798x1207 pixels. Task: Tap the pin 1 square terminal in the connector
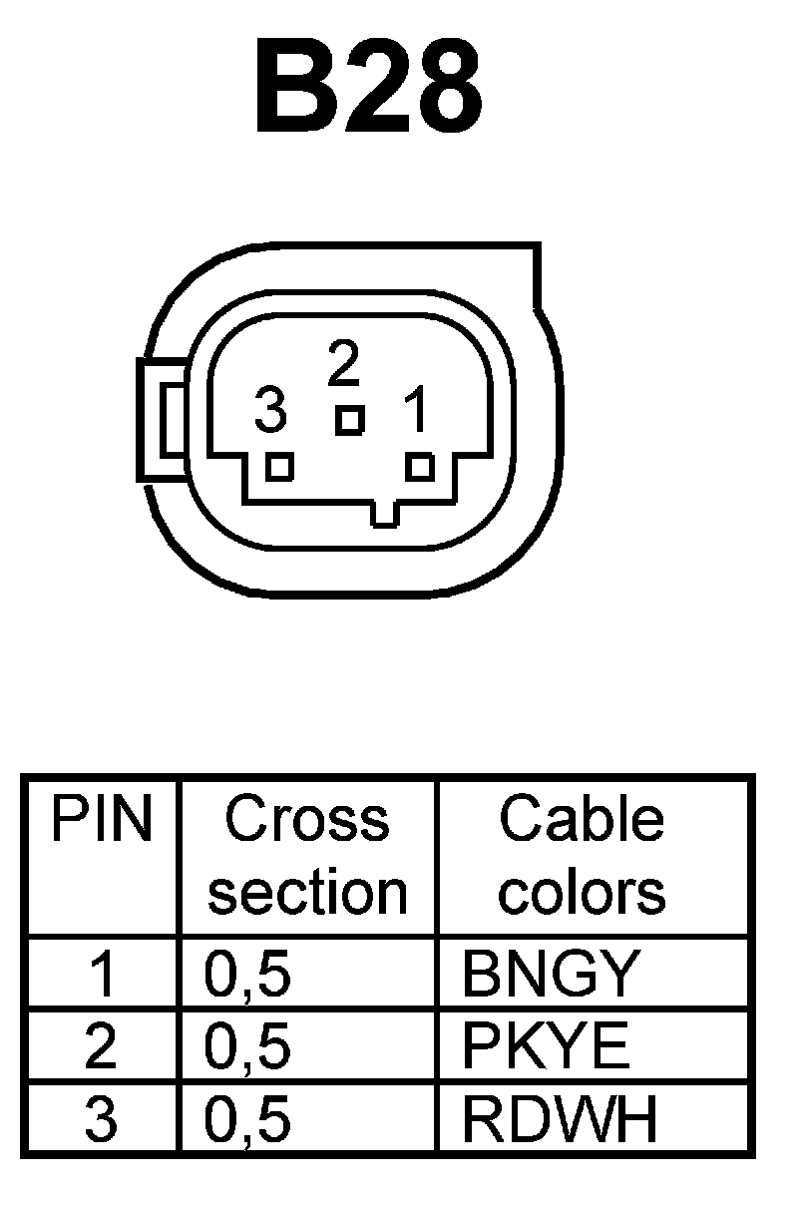pos(421,466)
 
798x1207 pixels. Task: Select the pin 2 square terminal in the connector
pos(349,420)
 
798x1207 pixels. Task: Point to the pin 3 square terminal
pos(280,466)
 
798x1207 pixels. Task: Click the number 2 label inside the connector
pos(344,365)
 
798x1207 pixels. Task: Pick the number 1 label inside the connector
pos(415,410)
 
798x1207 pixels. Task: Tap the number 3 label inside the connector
pos(270,410)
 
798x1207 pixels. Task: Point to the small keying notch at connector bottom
pos(387,514)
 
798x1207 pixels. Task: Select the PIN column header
pos(101,820)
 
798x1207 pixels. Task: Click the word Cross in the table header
pos(306,820)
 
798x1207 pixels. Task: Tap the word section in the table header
pos(307,892)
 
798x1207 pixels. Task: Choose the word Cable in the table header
pos(582,820)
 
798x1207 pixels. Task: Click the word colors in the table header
pos(582,892)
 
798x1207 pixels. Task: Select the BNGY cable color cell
pos(549,974)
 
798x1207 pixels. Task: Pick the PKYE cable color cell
pos(546,1046)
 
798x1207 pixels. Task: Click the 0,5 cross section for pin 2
pos(247,1047)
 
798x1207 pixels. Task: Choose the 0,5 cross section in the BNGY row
pos(247,975)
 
